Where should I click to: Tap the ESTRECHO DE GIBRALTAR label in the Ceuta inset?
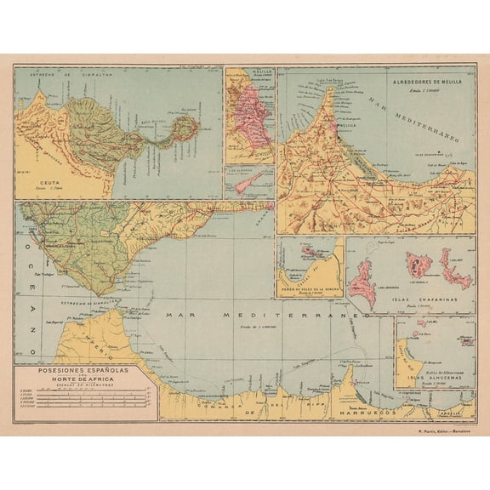tap(60, 76)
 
